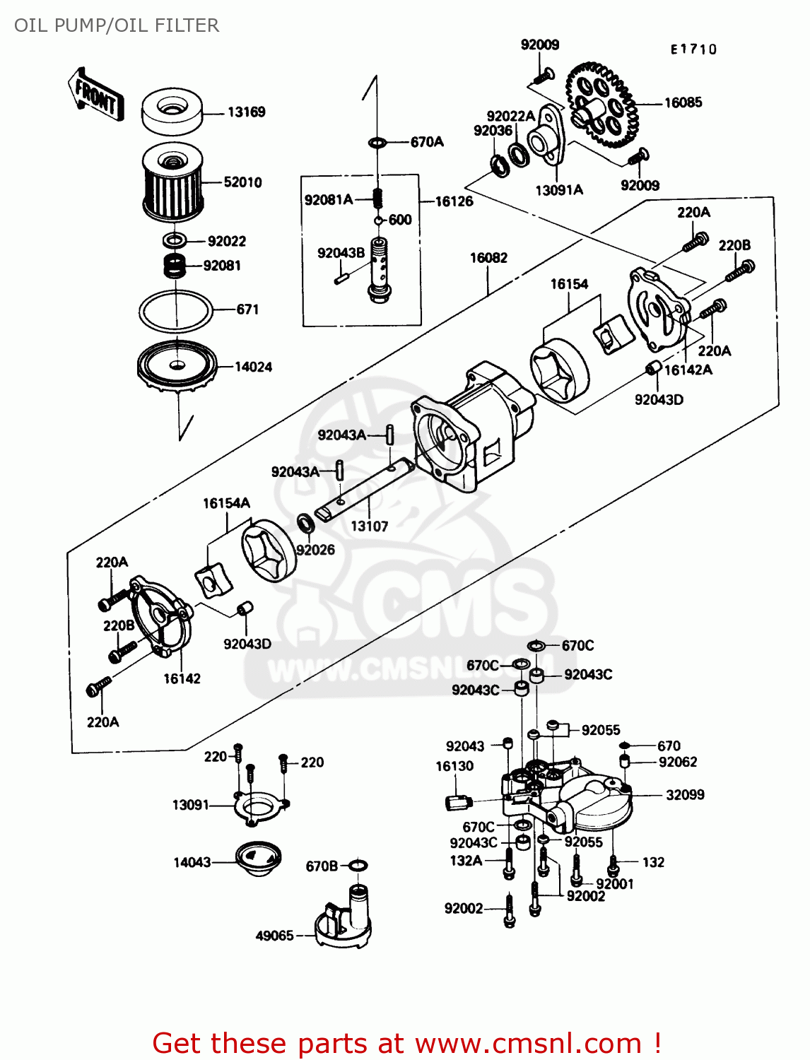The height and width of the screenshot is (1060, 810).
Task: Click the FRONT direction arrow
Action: coord(96,95)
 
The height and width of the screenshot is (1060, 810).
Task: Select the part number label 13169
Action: coord(246,112)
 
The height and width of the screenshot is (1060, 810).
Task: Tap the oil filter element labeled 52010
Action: coord(173,183)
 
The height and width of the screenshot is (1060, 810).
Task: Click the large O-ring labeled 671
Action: coord(175,310)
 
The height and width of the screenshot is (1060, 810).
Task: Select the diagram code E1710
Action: coord(693,49)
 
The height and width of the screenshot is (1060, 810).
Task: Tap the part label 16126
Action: coord(454,201)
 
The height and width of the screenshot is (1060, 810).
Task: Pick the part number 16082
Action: coord(488,258)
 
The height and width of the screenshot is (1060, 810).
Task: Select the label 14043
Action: coord(192,862)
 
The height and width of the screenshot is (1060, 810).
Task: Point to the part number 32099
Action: coord(685,794)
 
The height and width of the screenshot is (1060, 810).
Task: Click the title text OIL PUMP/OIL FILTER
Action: coord(117,25)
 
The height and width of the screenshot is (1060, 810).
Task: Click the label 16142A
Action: coord(688,370)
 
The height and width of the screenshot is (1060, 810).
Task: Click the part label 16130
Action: coord(454,766)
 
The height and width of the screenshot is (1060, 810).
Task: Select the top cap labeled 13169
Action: coord(173,112)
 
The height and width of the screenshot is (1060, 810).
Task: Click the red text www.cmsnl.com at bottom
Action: coord(527,1043)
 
